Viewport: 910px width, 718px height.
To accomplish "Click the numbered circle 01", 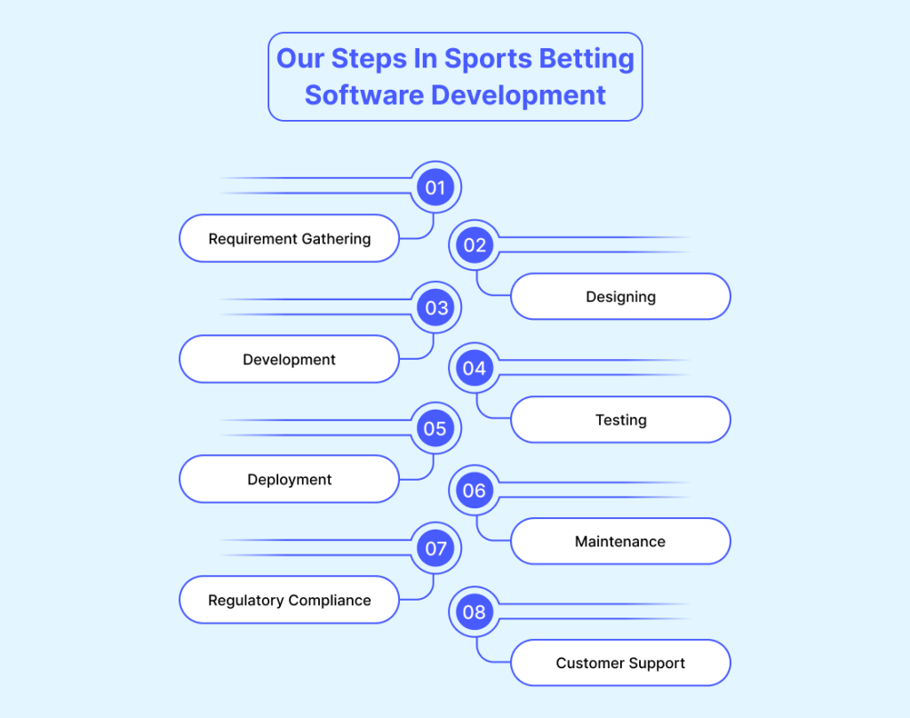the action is pyautogui.click(x=435, y=187).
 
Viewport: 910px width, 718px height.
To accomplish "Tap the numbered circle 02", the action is pyautogui.click(x=475, y=245).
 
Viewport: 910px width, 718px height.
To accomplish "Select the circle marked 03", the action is pyautogui.click(x=435, y=307).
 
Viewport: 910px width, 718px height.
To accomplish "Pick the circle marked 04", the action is pyautogui.click(x=475, y=368).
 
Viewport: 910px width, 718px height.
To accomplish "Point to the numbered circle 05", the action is pyautogui.click(x=435, y=428).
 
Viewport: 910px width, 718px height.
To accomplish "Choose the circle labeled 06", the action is pyautogui.click(x=475, y=491).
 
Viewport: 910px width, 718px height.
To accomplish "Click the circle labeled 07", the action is pyautogui.click(x=435, y=548).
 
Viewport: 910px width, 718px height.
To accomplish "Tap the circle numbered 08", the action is pyautogui.click(x=475, y=611).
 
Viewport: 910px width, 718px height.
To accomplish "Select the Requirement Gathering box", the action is pyautogui.click(x=289, y=238).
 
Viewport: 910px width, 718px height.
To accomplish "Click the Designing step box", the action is pyautogui.click(x=620, y=297).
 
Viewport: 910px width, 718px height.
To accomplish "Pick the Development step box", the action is pyautogui.click(x=289, y=359).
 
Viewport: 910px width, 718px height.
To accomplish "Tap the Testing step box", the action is pyautogui.click(x=620, y=419).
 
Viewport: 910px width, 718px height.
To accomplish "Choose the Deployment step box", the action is pyautogui.click(x=289, y=480).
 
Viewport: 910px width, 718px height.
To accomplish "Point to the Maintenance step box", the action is pyautogui.click(x=620, y=541).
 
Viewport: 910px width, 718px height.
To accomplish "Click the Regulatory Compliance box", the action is pyautogui.click(x=289, y=600).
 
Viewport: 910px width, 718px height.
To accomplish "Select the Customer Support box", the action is pyautogui.click(x=620, y=663).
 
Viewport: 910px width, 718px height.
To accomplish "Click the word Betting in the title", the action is pyautogui.click(x=587, y=60).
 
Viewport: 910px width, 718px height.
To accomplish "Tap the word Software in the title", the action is pyautogui.click(x=364, y=95).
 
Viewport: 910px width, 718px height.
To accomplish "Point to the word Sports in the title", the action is pyautogui.click(x=488, y=60).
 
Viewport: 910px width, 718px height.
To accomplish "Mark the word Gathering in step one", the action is pyautogui.click(x=336, y=239).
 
